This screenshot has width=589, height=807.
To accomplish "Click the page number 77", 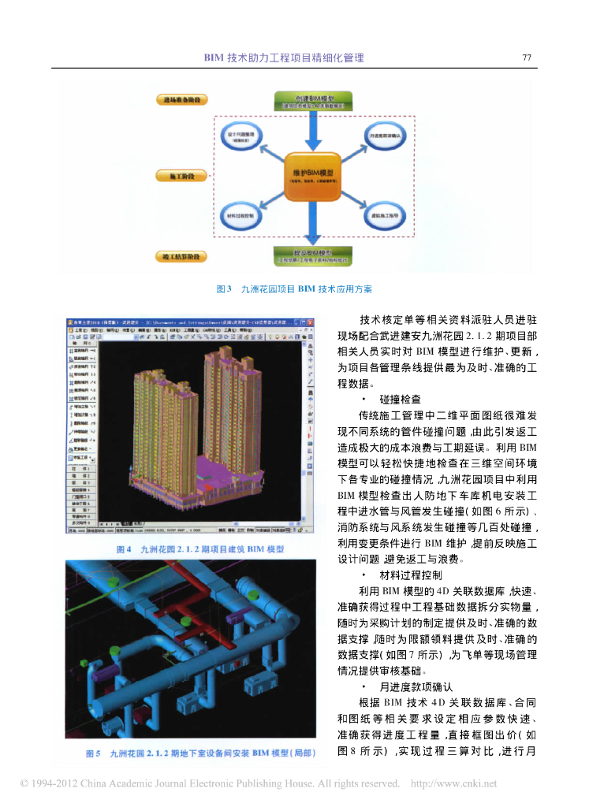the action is [x=527, y=58].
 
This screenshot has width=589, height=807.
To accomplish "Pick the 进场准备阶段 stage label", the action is [x=181, y=100].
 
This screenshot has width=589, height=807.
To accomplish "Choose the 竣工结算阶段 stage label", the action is [x=181, y=256].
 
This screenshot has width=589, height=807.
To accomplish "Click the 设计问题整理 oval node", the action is [x=239, y=137].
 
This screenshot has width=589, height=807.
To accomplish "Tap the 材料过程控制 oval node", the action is [x=239, y=214].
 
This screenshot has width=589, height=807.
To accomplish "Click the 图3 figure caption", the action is [x=294, y=289].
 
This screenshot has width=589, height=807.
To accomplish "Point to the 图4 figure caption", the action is [x=199, y=549].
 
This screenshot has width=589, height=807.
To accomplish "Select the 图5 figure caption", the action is [x=199, y=754].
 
